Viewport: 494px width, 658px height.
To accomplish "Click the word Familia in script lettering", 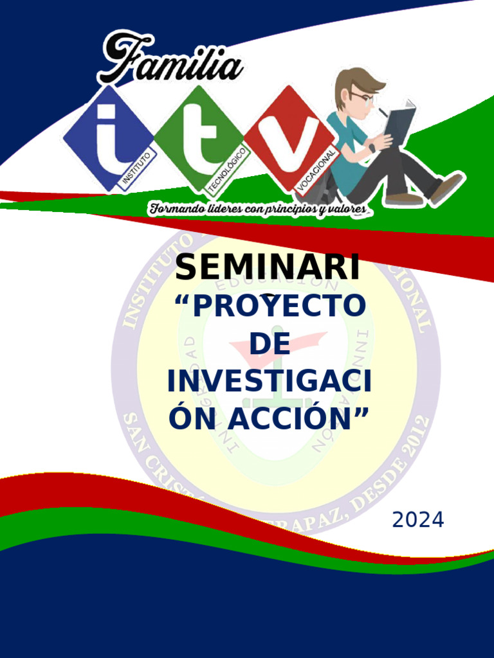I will click(170, 60).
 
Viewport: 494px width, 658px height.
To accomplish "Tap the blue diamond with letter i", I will click(108, 139).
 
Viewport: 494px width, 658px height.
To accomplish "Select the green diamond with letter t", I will click(200, 138).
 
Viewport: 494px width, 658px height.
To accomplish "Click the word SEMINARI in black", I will click(267, 268).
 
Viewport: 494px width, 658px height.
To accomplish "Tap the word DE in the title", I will click(270, 344).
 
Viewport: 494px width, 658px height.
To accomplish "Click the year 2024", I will click(418, 520).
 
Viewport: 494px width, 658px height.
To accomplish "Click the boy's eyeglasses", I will click(363, 98).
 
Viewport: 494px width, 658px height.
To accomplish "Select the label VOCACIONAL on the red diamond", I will click(316, 168).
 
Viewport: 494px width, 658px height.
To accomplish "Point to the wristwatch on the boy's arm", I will click(372, 148).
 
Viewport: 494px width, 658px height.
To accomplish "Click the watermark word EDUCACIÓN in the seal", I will click(277, 282).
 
